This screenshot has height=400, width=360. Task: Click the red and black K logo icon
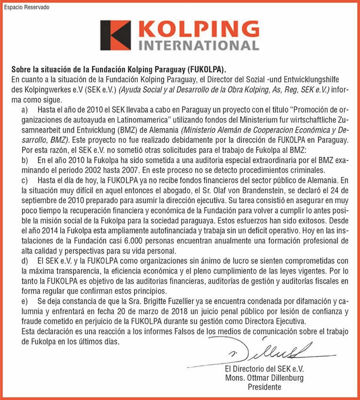tap(115, 35)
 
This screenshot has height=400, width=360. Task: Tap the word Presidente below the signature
tap(264, 387)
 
